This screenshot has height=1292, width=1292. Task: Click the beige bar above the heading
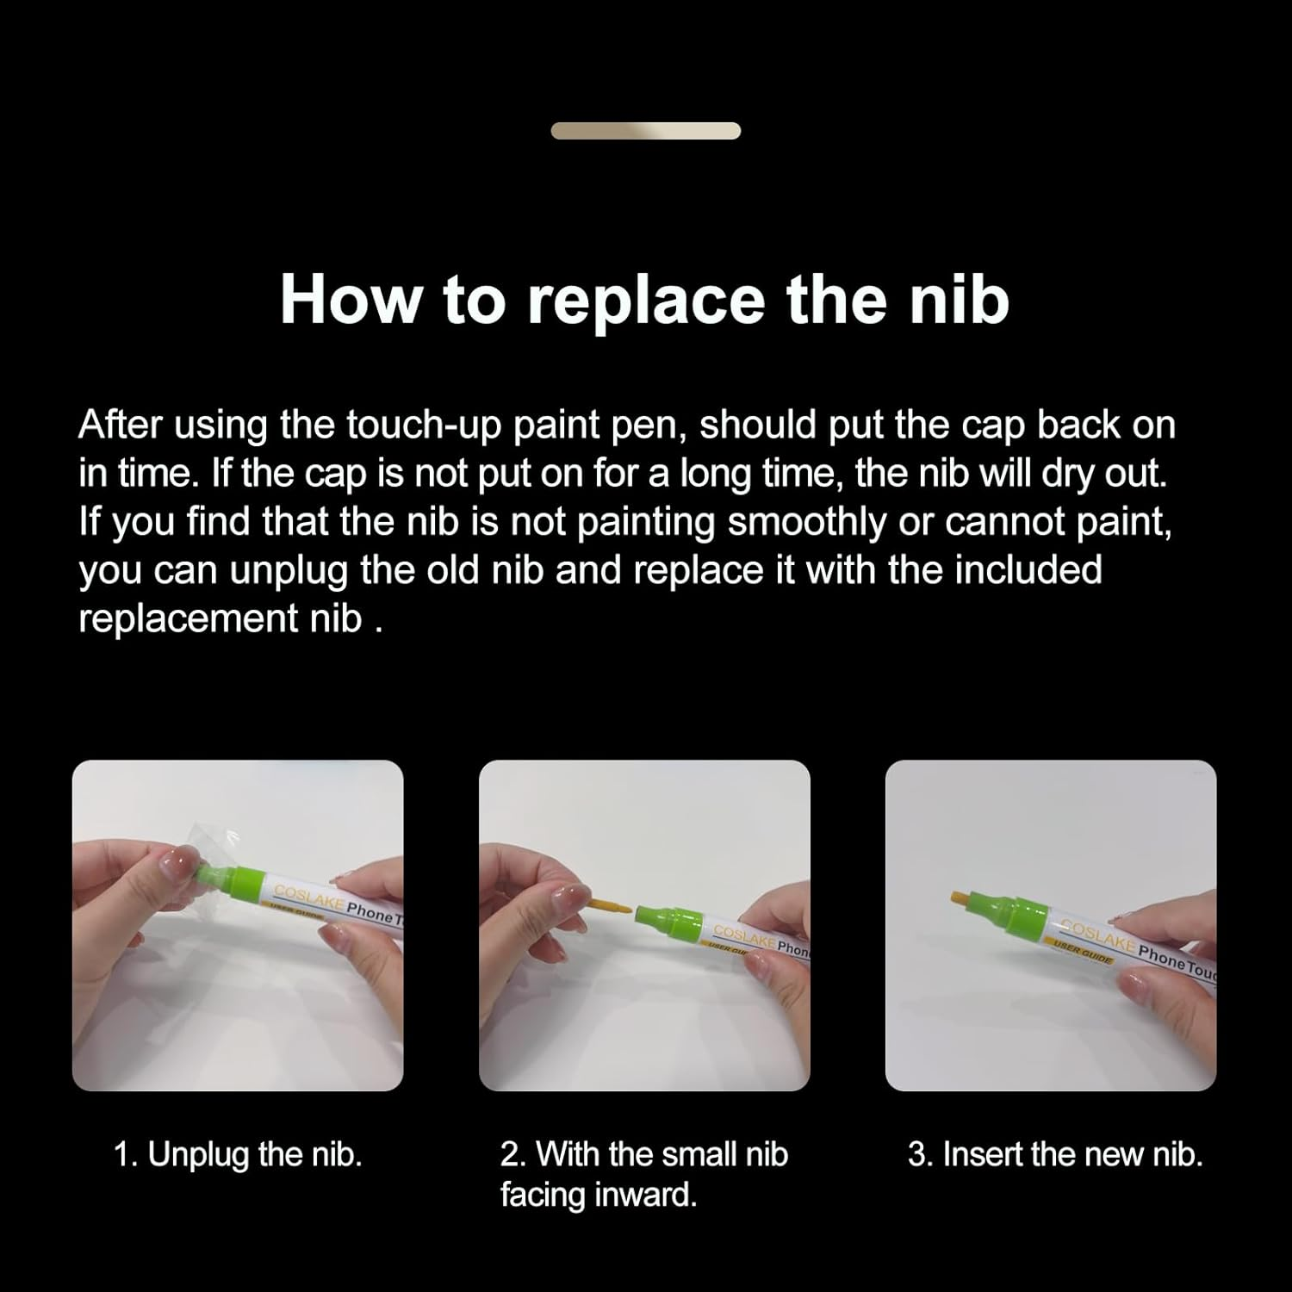click(x=646, y=131)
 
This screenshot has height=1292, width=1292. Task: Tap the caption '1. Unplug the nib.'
click(x=238, y=1154)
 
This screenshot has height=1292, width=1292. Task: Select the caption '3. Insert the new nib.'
click(x=1054, y=1154)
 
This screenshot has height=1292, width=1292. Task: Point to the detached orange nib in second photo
click(x=611, y=905)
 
